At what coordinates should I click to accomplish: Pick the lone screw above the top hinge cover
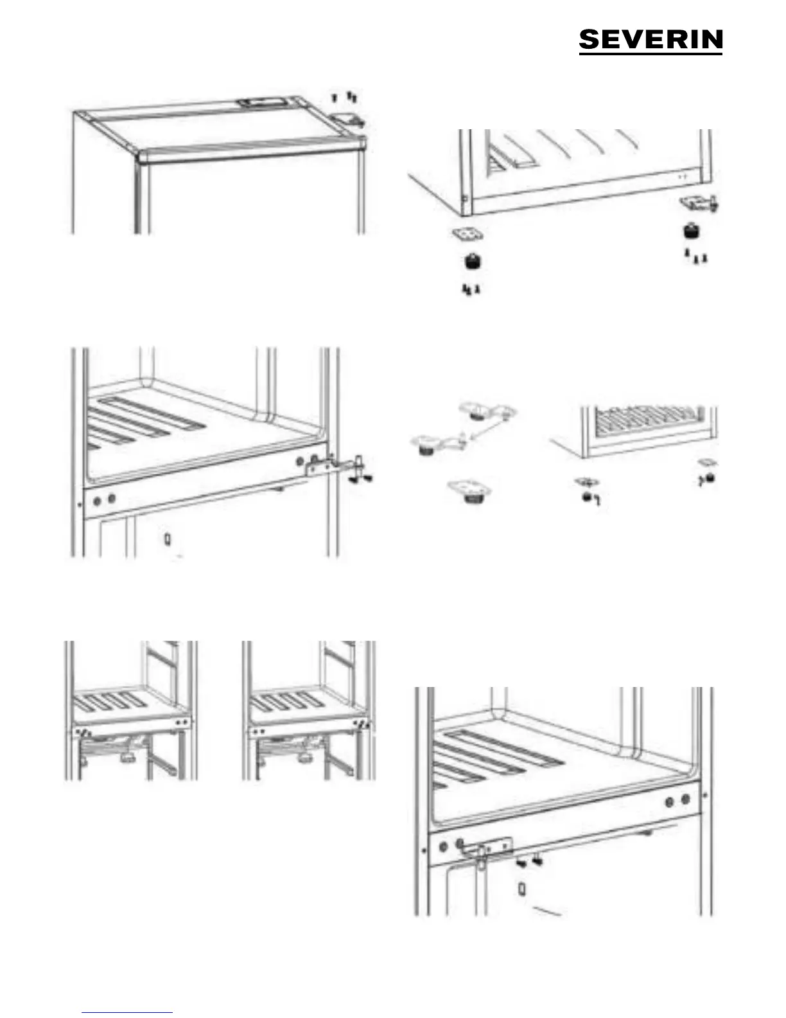point(334,98)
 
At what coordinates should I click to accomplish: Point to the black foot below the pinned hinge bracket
point(692,231)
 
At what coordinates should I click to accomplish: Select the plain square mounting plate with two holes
point(467,234)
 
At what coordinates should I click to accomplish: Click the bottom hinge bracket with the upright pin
point(699,203)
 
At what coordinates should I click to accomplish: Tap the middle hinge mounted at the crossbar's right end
point(335,465)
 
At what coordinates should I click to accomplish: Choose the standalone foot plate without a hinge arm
point(469,490)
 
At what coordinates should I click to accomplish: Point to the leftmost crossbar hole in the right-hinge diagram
point(98,501)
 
